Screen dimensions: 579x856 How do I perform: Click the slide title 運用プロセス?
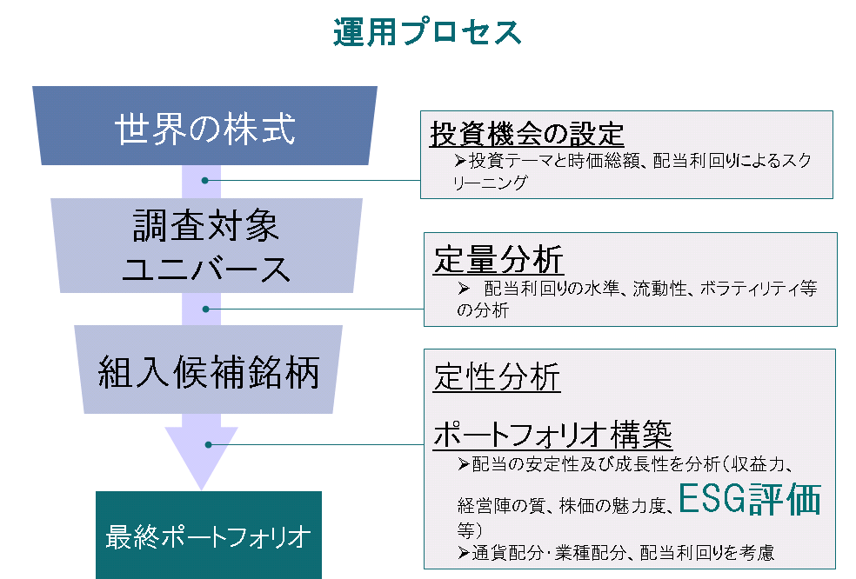(427, 32)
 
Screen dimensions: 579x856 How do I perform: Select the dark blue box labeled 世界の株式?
(205, 128)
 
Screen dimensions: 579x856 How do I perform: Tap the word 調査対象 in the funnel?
(206, 227)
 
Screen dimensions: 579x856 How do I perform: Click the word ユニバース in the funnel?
(206, 270)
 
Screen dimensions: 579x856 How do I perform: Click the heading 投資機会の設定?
(526, 135)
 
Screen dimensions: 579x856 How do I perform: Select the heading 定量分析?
(498, 259)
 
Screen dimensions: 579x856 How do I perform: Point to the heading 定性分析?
(497, 377)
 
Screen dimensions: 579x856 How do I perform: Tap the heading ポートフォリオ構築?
(552, 434)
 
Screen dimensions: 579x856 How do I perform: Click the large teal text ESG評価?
(749, 501)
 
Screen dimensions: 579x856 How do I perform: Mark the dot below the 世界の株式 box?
(205, 180)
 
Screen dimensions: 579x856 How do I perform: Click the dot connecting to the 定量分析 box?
(206, 309)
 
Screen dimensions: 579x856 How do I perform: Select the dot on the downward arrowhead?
(209, 445)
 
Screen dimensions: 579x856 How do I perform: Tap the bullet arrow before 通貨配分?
(463, 552)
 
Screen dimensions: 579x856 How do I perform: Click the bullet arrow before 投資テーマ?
(461, 161)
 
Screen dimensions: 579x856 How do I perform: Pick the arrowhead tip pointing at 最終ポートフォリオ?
(201, 487)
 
